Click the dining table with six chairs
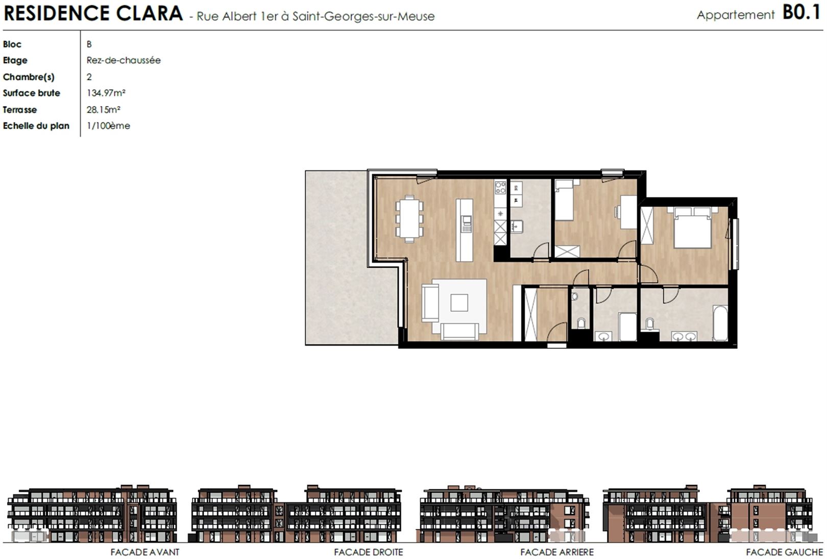(409, 219)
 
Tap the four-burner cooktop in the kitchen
(500, 187)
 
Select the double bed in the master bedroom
(692, 227)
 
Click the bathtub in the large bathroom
(720, 323)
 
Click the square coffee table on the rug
(459, 303)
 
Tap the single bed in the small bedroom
(564, 200)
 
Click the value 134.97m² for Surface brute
(106, 93)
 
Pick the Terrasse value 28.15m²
(103, 110)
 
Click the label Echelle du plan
(36, 126)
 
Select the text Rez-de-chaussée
(124, 60)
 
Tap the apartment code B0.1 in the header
(801, 13)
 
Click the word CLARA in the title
(149, 13)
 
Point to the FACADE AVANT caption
(145, 552)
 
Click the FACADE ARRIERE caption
(557, 552)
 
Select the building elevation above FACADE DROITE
(296, 514)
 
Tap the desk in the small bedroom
(628, 212)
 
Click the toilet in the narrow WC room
(581, 323)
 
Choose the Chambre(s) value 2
(89, 77)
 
